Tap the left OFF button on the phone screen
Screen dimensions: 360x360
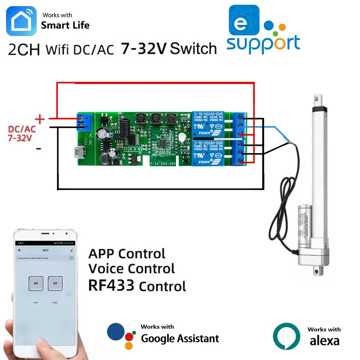click(x=36, y=283)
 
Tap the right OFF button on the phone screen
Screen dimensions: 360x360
click(x=55, y=283)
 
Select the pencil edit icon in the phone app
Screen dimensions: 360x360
click(x=72, y=250)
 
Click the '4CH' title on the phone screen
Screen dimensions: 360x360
click(x=46, y=250)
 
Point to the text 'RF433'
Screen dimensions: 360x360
click(x=111, y=286)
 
